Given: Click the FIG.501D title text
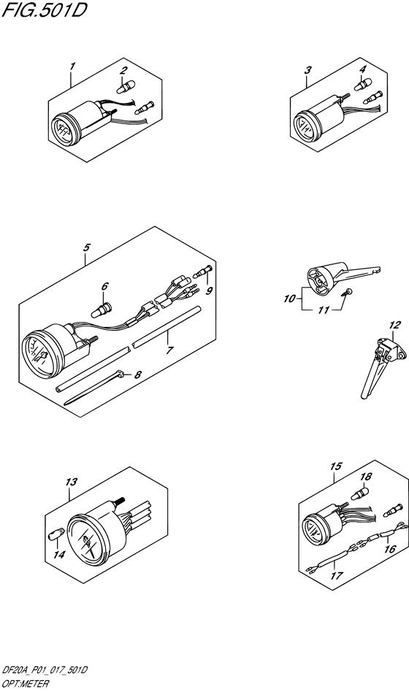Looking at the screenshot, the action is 44,11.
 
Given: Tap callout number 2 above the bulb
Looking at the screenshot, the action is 123,70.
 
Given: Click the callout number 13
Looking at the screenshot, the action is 394,326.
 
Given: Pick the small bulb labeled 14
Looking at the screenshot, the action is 72,482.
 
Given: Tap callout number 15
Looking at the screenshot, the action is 53,537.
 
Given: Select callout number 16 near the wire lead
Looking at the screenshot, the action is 336,466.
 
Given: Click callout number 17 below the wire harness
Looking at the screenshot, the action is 390,550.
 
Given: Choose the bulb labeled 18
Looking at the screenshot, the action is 337,575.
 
